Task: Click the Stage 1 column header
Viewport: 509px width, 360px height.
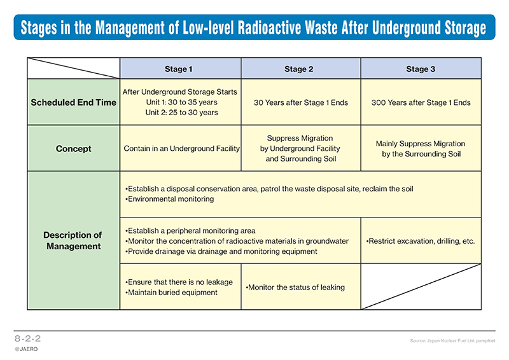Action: [179, 69]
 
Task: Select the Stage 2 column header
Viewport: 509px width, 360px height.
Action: [298, 69]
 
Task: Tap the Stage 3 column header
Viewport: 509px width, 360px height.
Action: [421, 69]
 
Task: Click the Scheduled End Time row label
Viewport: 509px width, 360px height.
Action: [73, 102]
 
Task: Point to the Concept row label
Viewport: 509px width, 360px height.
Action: [73, 149]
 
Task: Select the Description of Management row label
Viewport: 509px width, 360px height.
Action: [73, 240]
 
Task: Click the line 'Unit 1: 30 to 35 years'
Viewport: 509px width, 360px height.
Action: [181, 102]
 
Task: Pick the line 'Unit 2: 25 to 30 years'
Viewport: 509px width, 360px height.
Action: [181, 113]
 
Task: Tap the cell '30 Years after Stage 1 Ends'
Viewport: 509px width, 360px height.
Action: [300, 102]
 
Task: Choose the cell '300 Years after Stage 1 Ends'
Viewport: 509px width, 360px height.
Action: [421, 102]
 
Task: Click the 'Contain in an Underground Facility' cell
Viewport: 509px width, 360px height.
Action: [182, 149]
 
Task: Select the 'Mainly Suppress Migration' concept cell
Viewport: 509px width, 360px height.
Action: [421, 149]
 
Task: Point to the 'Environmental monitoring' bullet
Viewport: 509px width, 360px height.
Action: [169, 199]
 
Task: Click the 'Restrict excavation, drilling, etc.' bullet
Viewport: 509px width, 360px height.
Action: [420, 241]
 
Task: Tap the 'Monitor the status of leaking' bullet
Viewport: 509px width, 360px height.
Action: [295, 287]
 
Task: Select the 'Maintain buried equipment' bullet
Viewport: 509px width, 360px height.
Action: [171, 293]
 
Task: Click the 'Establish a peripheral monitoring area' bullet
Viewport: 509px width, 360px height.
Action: [190, 231]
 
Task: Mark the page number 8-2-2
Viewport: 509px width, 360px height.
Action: [27, 338]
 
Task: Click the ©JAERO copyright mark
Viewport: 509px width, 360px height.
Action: [26, 349]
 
